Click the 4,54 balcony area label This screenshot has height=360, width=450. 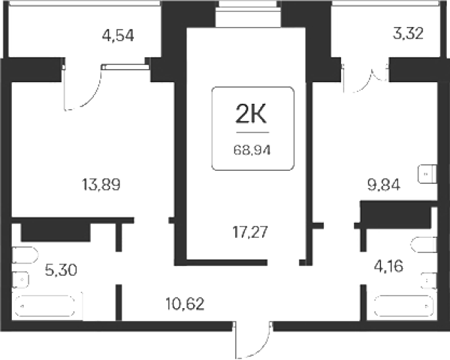pos(118,36)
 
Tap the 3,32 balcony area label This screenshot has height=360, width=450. pos(408,34)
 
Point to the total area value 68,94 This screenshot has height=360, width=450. pos(252,150)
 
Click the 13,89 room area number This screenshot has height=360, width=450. pos(101,185)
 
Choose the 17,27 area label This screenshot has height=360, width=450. pos(250,232)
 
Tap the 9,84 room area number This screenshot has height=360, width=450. pos(384,185)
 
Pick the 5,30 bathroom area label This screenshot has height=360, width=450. pos(61,270)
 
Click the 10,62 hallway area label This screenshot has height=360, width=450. pos(185,304)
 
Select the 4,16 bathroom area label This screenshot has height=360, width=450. pos(389,267)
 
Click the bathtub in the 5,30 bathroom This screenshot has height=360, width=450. pos(45,306)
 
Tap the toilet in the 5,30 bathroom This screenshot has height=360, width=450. pos(25,255)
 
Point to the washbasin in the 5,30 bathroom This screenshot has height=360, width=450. pos(20,279)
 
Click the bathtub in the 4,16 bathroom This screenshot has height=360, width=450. pos(404,305)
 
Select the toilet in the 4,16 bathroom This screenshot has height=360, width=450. pos(424,245)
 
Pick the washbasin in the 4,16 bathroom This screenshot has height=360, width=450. pos(429,281)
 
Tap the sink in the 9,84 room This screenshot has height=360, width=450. pos(427,174)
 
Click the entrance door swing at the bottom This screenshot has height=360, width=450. pos(252,340)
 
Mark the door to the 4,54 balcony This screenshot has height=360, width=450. pos(82,87)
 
